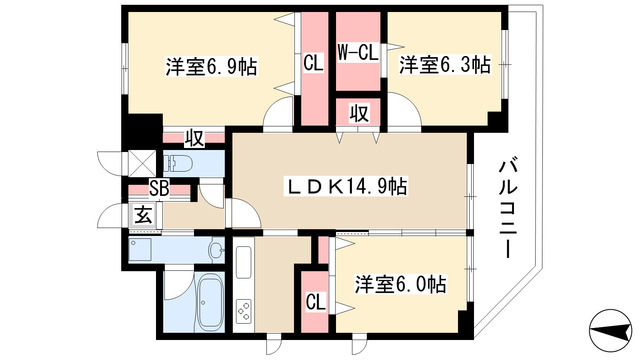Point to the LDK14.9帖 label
(349, 186)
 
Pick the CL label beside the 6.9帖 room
(312, 62)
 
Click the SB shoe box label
(159, 188)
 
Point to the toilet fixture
(181, 162)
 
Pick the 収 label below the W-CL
(357, 113)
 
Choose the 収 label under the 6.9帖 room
(193, 137)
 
